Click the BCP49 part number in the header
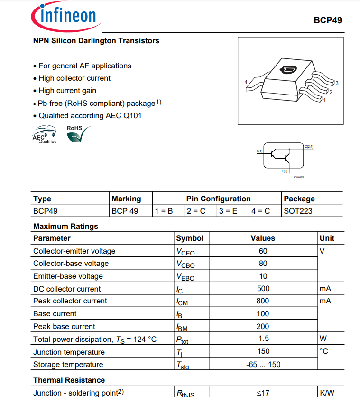tap(327, 20)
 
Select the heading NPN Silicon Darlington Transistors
tap(96, 41)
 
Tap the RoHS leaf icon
tap(75, 135)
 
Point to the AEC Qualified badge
tap(45, 135)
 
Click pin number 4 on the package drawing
tap(246, 82)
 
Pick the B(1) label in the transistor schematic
tap(259, 151)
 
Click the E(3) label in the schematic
tap(285, 171)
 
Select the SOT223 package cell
tap(298, 211)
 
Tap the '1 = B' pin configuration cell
tap(164, 211)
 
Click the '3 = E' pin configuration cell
tap(228, 211)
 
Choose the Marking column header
tap(126, 198)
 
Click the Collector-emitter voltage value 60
tap(263, 251)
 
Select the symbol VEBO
tap(185, 277)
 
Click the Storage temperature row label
tap(68, 364)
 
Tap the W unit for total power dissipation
tap(323, 339)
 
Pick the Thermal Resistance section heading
tap(69, 380)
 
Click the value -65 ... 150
tap(263, 364)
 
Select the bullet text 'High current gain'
tap(67, 91)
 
